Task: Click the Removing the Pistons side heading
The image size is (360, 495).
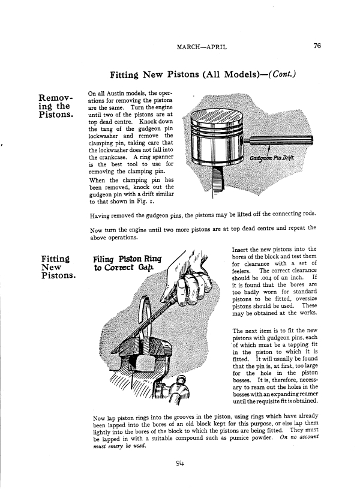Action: [56, 106]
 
